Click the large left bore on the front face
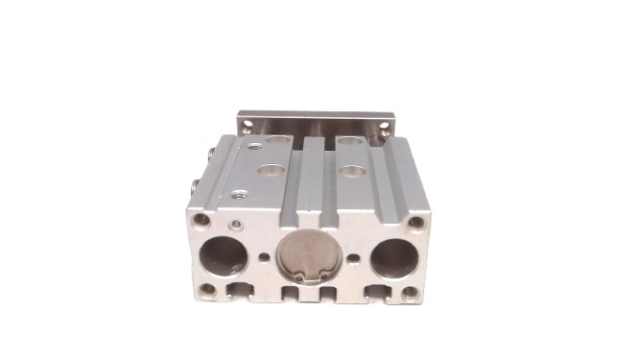pyautogui.click(x=225, y=256)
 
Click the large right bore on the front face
pyautogui.click(x=394, y=257)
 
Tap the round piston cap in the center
pyautogui.click(x=307, y=257)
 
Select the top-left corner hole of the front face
pyautogui.click(x=201, y=220)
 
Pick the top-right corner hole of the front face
pyautogui.click(x=416, y=223)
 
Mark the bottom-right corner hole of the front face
pyautogui.click(x=411, y=291)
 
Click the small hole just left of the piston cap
pyautogui.click(x=264, y=257)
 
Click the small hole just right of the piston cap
pyautogui.click(x=353, y=258)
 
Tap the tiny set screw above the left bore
pyautogui.click(x=237, y=227)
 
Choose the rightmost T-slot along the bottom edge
pyautogui.click(x=377, y=289)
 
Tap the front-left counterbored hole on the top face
pyautogui.click(x=270, y=171)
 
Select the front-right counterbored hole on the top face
pyautogui.click(x=353, y=173)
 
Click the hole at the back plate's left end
pyautogui.click(x=248, y=124)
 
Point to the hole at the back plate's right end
pyautogui.click(x=386, y=125)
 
